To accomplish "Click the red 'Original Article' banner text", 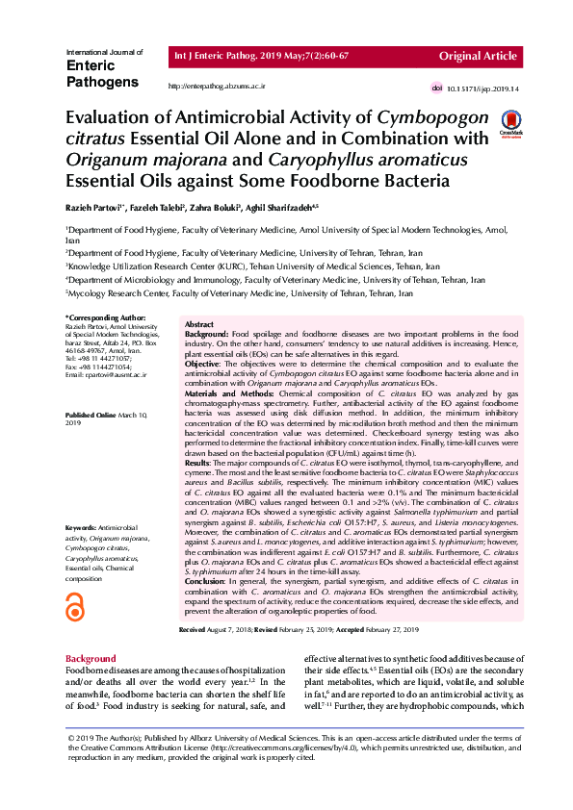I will [x=479, y=57].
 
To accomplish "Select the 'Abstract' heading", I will [x=199, y=325].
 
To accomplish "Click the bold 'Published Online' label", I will [x=91, y=414].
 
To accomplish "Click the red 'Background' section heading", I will [x=90, y=659].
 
